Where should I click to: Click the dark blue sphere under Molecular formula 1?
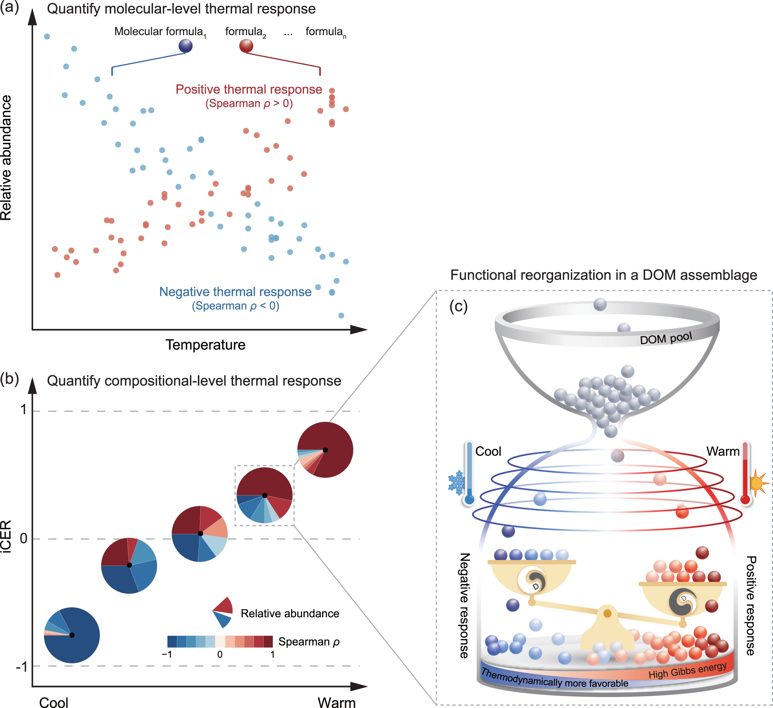[x=185, y=46]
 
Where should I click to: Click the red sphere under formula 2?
[x=246, y=46]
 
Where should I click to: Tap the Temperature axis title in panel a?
[x=205, y=344]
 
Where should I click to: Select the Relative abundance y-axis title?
[x=6, y=158]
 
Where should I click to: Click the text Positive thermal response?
[x=249, y=89]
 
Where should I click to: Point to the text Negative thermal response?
[x=235, y=291]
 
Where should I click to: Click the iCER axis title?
[x=6, y=537]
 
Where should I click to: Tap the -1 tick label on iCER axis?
[x=22, y=667]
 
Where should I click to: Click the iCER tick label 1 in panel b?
[x=24, y=410]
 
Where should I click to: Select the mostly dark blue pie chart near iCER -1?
[x=72, y=635]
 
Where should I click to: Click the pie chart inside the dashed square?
[x=264, y=495]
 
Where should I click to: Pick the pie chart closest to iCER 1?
[x=325, y=450]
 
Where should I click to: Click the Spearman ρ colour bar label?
[x=309, y=642]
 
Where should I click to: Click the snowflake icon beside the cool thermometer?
[x=456, y=483]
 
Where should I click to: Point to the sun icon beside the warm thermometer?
[x=757, y=483]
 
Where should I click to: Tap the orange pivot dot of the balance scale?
[x=607, y=613]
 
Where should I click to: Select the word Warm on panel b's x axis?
[x=336, y=702]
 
